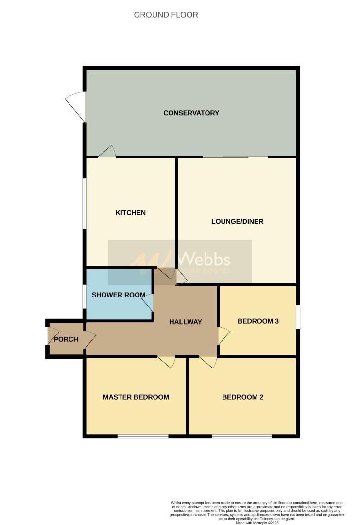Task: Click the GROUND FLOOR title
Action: pos(166,15)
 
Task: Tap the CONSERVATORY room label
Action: pos(191,113)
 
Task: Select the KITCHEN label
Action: pos(130,213)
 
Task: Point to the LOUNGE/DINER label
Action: pos(237,221)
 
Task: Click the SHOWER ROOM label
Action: pos(119,295)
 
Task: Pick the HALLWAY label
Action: pos(185,322)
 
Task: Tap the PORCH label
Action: pos(66,339)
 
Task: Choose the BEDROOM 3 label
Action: pos(258,321)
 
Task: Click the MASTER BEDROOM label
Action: pos(136,397)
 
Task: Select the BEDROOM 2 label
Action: pos(242,397)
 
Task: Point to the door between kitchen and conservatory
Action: pos(107,152)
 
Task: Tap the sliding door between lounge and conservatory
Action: pos(235,157)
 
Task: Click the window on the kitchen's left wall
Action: pos(85,204)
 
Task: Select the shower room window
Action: pos(85,296)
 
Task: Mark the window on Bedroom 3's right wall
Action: pos(298,317)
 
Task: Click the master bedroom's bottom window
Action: pos(142,436)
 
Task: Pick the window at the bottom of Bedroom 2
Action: pos(241,436)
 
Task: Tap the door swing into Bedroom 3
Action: pos(223,335)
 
